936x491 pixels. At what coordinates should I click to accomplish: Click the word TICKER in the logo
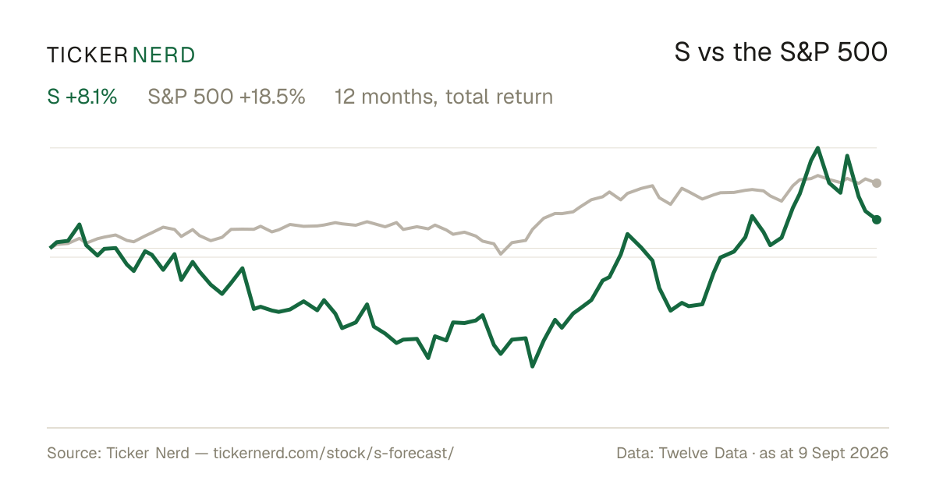pos(87,55)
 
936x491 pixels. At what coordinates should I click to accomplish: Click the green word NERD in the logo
pos(163,55)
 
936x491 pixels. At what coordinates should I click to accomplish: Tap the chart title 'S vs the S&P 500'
pos(781,52)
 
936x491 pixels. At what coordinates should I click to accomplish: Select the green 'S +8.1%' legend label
pos(82,97)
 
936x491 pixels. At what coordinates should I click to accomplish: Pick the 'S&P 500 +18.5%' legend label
pos(226,97)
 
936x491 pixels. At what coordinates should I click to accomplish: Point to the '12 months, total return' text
pos(444,97)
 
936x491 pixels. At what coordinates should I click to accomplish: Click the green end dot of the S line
pos(877,220)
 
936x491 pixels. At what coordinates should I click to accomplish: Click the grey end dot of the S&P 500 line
pos(877,183)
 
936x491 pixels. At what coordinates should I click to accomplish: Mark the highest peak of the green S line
pos(817,148)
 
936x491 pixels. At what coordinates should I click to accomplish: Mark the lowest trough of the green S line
pos(532,366)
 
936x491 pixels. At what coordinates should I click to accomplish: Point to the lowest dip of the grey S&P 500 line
pos(501,253)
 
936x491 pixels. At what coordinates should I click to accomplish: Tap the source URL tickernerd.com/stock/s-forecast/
pos(334,453)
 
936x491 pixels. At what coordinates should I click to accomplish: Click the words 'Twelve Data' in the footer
pos(703,453)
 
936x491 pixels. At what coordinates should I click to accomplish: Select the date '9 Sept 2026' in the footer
pos(843,453)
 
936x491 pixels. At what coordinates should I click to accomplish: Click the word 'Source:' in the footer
pos(74,453)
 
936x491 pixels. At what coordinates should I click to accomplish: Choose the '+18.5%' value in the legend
pos(272,97)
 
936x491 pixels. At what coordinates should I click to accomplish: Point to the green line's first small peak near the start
pos(80,224)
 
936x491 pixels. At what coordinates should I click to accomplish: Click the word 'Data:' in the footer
pos(635,453)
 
